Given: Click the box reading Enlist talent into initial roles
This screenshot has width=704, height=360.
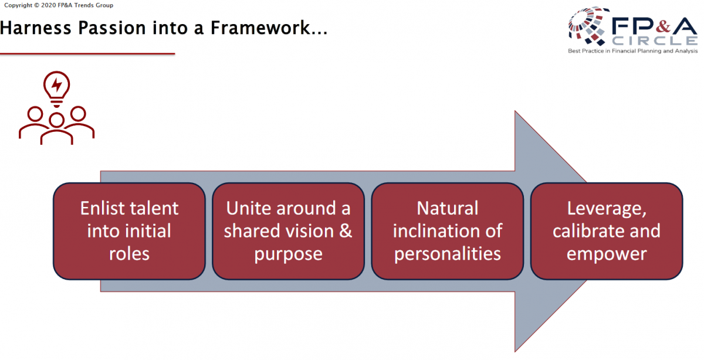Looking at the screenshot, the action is [x=129, y=231].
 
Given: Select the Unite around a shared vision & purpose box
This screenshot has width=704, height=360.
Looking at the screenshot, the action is [x=288, y=231].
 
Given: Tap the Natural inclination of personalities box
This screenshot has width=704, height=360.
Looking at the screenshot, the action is [x=447, y=231].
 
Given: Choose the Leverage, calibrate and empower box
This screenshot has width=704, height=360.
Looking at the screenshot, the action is [x=607, y=231].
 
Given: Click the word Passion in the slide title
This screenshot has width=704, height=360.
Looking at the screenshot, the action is [x=112, y=28].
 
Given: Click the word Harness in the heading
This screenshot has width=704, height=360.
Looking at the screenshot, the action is [x=36, y=28].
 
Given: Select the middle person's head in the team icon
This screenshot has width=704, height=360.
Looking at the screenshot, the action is [x=56, y=120].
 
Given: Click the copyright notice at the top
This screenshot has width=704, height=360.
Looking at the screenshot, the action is [x=59, y=5].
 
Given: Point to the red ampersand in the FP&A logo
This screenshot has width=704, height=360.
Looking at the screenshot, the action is [x=663, y=26].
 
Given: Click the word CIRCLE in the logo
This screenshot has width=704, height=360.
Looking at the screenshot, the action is [x=655, y=40].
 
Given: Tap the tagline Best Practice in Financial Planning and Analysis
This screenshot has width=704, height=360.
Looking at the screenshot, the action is [x=632, y=51].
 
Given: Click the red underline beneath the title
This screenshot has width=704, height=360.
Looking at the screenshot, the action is [x=87, y=54].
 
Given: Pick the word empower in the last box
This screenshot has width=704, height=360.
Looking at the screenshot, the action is [x=607, y=254].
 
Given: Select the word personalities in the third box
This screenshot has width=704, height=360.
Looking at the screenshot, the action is [x=447, y=254].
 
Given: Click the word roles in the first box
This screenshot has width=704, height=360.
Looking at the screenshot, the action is [x=129, y=253].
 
